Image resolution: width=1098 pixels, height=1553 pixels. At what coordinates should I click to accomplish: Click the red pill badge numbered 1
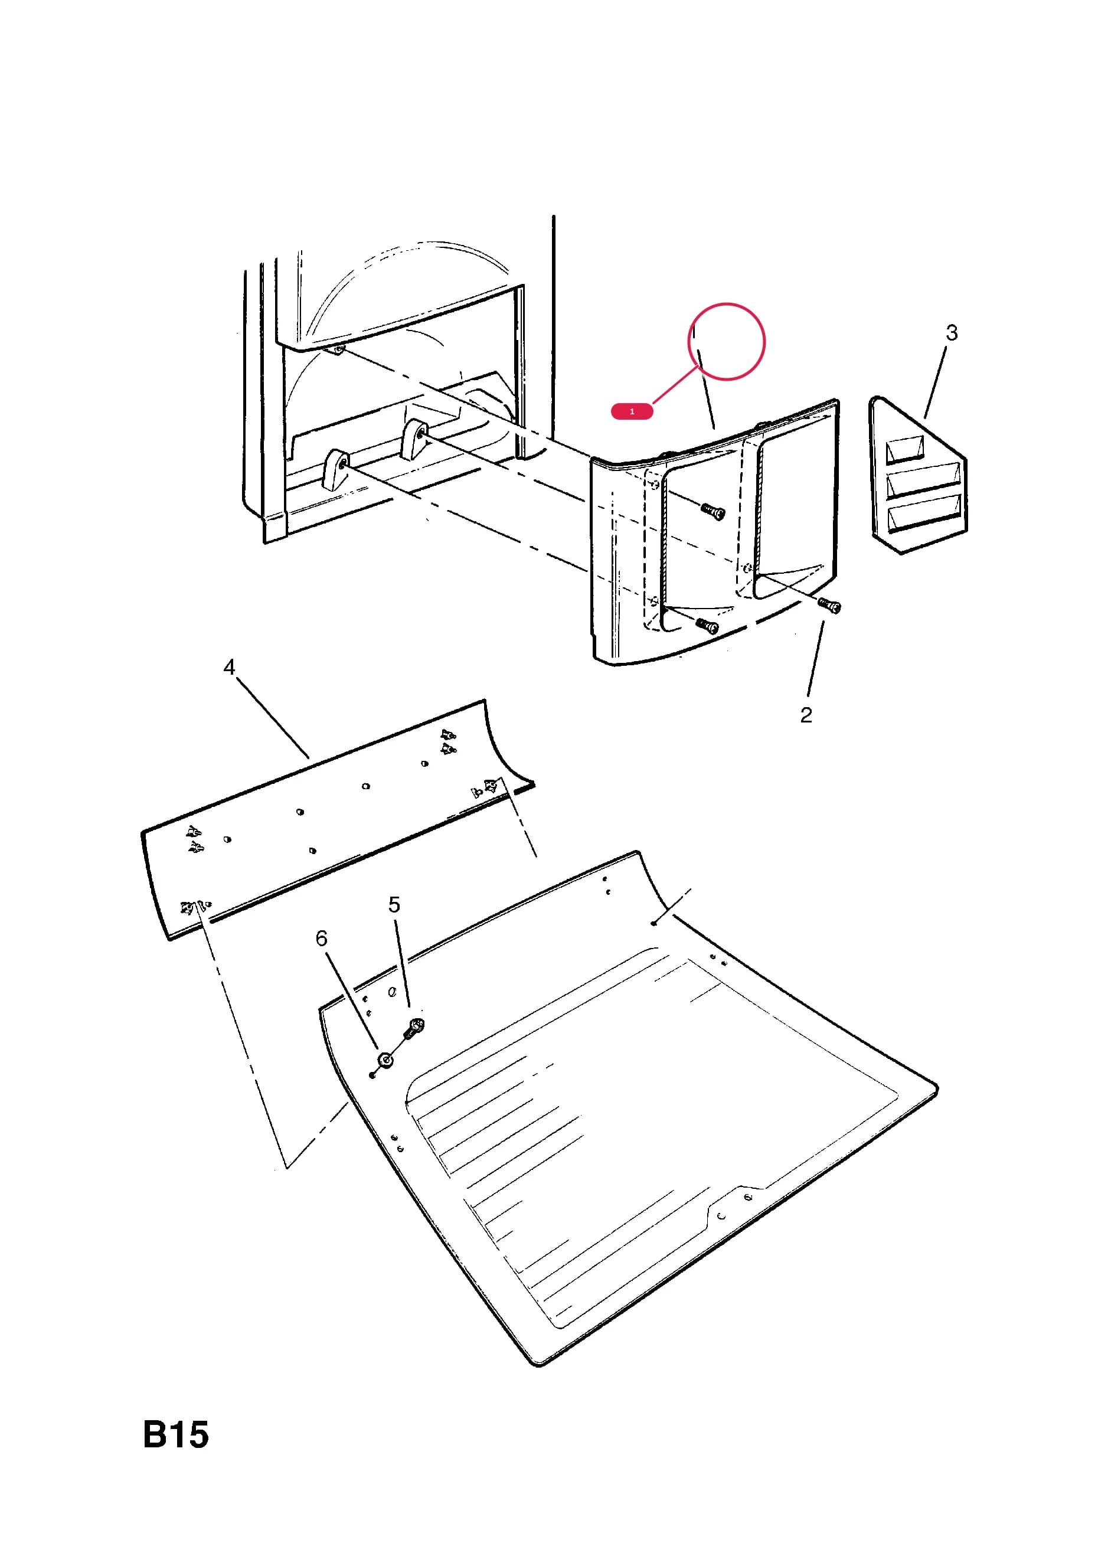pyautogui.click(x=631, y=411)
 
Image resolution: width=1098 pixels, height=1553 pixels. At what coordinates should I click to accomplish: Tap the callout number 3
pyautogui.click(x=951, y=333)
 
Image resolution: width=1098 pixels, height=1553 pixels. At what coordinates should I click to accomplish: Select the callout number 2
pyautogui.click(x=806, y=715)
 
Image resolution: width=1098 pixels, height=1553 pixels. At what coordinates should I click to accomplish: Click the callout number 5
pyautogui.click(x=394, y=904)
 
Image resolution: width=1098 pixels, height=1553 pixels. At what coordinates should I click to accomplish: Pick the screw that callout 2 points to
pyautogui.click(x=829, y=606)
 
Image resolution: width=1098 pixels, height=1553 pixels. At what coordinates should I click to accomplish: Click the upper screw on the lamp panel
pyautogui.click(x=713, y=512)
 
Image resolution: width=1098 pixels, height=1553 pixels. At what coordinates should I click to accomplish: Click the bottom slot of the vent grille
pyautogui.click(x=923, y=514)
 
